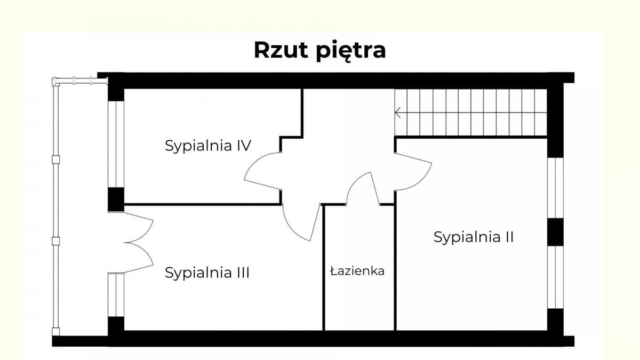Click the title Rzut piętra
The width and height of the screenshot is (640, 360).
[319, 50]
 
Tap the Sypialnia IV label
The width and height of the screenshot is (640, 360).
[208, 146]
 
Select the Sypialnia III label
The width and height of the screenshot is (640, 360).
[207, 273]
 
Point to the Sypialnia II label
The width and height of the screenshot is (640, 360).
[474, 237]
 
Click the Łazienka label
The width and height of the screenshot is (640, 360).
[357, 271]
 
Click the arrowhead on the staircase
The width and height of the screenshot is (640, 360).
[398, 113]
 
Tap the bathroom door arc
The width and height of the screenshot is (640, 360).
[359, 187]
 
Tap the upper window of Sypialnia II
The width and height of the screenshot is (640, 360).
[555, 188]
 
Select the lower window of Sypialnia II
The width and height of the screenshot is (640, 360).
[555, 277]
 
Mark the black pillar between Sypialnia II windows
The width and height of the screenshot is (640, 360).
[555, 232]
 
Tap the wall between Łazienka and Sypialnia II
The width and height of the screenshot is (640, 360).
[395, 267]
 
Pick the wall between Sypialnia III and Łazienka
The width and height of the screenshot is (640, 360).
[324, 267]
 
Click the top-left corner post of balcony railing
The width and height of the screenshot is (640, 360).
[54, 82]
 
